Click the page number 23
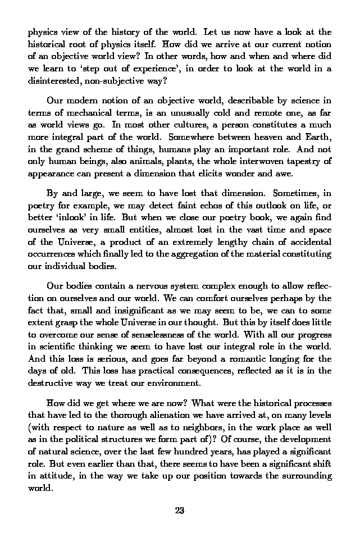pos(180,511)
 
